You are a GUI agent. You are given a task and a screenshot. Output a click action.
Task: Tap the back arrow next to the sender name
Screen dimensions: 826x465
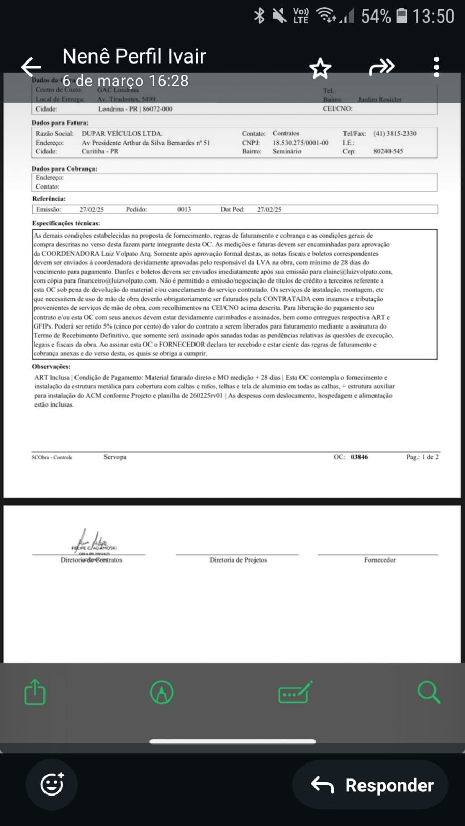(x=31, y=67)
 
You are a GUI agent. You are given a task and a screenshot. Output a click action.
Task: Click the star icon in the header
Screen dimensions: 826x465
(x=320, y=68)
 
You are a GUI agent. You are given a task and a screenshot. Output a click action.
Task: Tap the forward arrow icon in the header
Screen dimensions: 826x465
(x=382, y=67)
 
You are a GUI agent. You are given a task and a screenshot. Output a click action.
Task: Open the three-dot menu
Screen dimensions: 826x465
(x=437, y=67)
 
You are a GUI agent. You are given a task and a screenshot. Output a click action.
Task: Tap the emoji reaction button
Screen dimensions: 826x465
(x=52, y=785)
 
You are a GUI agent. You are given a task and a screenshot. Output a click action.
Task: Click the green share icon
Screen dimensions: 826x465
(x=35, y=692)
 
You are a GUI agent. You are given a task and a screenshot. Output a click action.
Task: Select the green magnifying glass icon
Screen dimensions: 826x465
(x=428, y=692)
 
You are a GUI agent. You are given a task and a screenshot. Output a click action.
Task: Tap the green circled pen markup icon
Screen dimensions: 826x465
(x=161, y=692)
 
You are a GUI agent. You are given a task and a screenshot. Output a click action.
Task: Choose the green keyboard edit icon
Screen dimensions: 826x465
(x=295, y=692)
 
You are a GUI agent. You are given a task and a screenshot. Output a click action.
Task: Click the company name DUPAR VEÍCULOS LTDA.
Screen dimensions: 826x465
(x=122, y=133)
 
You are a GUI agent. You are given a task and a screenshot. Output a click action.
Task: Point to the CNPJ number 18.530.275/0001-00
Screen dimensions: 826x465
(x=301, y=143)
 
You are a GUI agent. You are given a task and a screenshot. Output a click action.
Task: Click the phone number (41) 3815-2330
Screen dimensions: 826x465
(x=395, y=133)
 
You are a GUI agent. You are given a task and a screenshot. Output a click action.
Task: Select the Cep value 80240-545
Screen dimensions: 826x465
(x=388, y=151)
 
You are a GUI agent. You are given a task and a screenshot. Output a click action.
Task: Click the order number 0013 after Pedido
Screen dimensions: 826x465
(x=184, y=209)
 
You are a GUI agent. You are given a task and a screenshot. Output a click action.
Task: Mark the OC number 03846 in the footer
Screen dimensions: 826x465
(x=359, y=457)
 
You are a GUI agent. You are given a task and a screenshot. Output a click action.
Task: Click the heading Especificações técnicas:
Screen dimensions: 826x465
(x=66, y=223)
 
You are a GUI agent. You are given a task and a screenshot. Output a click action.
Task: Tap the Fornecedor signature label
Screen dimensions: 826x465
(x=380, y=560)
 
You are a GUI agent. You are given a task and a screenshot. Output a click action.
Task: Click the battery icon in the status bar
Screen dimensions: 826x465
(x=402, y=16)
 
